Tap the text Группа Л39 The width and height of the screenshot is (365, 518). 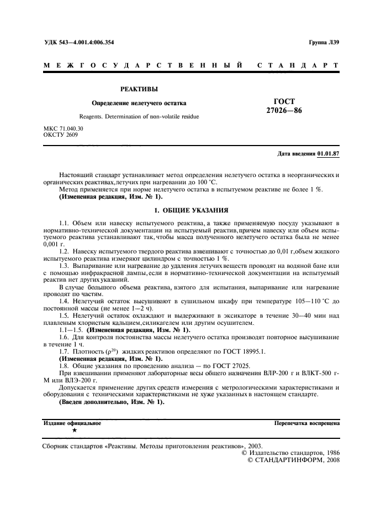pyautogui.click(x=325, y=43)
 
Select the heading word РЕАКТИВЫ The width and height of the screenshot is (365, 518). pyautogui.click(x=139, y=89)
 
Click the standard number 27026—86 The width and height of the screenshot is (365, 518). pyautogui.click(x=284, y=111)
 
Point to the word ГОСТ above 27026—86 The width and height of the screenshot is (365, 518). pyautogui.click(x=284, y=101)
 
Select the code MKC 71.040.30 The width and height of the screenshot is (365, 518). pyautogui.click(x=64, y=128)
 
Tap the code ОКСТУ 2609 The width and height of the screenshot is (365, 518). pyautogui.click(x=60, y=134)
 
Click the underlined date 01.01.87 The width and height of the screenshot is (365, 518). pyautogui.click(x=329, y=154)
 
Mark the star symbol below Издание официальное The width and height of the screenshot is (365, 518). pyautogui.click(x=74, y=429)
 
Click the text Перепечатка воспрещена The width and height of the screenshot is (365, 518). pyautogui.click(x=306, y=423)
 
